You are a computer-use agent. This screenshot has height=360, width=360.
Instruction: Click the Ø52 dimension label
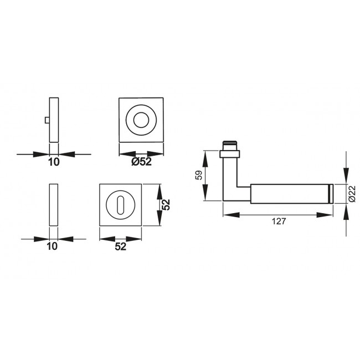pos(141,162)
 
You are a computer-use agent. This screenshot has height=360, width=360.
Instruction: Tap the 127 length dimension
pos(279,222)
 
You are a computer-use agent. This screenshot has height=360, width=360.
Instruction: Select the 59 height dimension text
pos(199,175)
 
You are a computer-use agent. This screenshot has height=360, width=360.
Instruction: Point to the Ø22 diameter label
pos(352,193)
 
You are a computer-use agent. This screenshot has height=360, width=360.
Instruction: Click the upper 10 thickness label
pos(54,162)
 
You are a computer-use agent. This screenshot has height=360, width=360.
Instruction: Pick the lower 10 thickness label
pos(52,246)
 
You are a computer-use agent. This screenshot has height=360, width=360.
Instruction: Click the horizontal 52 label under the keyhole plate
pos(121,246)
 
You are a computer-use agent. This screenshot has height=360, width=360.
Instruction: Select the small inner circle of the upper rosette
pos(141,120)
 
